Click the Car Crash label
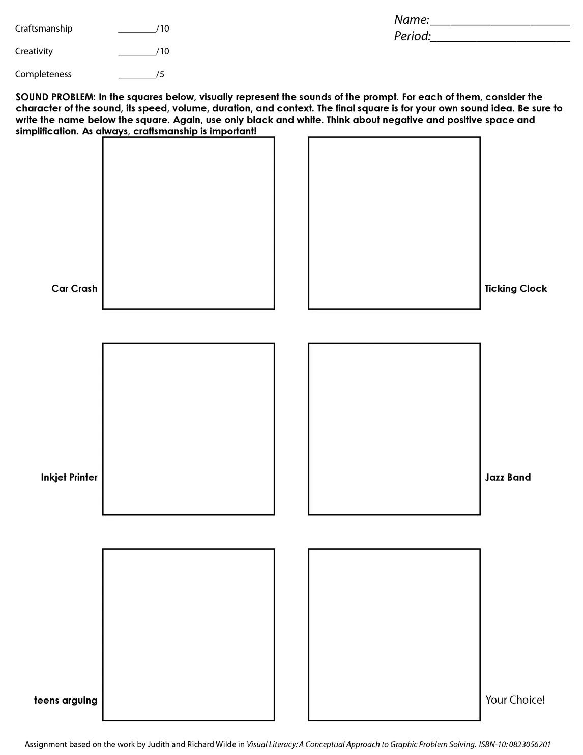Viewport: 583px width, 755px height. [74, 289]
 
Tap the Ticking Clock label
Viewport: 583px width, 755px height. [516, 289]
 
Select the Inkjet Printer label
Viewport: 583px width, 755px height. [69, 478]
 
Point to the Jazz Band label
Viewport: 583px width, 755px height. [508, 478]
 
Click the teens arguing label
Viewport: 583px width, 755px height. [66, 701]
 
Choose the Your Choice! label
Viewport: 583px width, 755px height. [515, 700]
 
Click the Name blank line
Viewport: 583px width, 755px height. [500, 23]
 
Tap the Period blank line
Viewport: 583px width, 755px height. [500, 40]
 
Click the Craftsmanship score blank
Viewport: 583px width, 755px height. [137, 31]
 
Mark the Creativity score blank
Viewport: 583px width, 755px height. [137, 53]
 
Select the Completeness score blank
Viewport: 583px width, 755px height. [137, 76]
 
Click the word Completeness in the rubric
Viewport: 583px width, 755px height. [43, 74]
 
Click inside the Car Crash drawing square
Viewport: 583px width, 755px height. [188, 223]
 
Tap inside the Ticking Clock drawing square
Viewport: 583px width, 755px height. [394, 223]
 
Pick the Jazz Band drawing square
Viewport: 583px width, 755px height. [394, 429]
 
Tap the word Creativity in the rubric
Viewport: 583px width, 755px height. [34, 51]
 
